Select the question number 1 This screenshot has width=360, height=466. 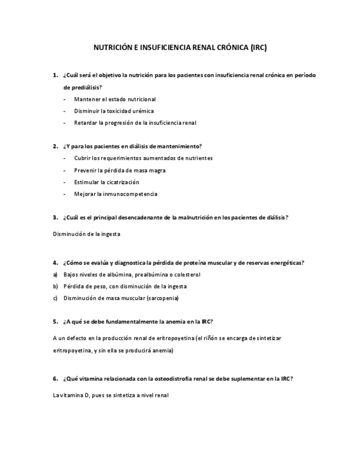pyautogui.click(x=56, y=75)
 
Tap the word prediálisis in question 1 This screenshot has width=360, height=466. pyautogui.click(x=82, y=87)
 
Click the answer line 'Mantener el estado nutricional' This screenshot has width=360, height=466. pyautogui.click(x=115, y=99)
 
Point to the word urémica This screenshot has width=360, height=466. pyautogui.click(x=143, y=111)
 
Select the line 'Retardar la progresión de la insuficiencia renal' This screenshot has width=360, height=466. pyautogui.click(x=135, y=123)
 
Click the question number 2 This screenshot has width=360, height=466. pyautogui.click(x=56, y=146)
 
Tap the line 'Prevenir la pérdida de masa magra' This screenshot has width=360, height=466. pyautogui.click(x=120, y=170)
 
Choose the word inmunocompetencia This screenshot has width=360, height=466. pyautogui.click(x=129, y=194)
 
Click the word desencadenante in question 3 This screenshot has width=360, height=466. pyautogui.click(x=143, y=218)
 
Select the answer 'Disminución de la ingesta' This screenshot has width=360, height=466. pyautogui.click(x=86, y=234)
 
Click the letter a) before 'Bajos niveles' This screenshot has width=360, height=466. pyautogui.click(x=55, y=274)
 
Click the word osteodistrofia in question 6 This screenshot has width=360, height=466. pyautogui.click(x=168, y=379)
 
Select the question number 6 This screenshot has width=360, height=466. pyautogui.click(x=56, y=379)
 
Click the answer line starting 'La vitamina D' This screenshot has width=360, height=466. pyautogui.click(x=107, y=395)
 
